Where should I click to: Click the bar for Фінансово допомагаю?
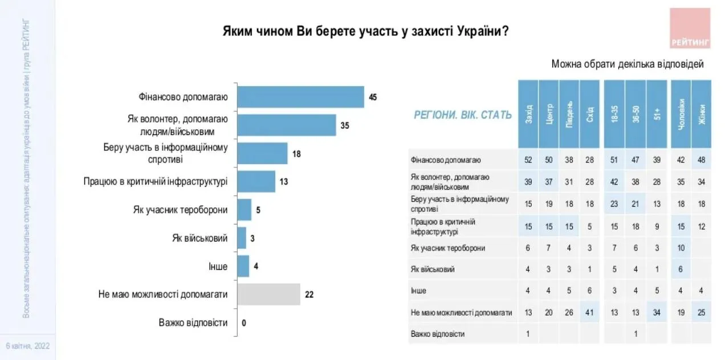click(300, 97)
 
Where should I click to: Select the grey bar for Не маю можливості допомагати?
click(268, 294)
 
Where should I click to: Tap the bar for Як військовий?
click(242, 238)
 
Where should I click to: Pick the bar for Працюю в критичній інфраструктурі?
click(256, 182)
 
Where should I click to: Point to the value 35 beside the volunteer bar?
click(344, 125)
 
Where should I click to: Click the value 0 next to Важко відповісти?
click(243, 323)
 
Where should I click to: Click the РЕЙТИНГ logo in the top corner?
click(690, 28)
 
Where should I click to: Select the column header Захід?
click(528, 114)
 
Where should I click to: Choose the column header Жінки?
click(701, 114)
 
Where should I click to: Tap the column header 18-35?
click(614, 114)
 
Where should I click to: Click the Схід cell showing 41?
click(590, 312)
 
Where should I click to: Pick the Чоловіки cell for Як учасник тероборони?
click(681, 248)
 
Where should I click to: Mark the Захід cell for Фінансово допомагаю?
click(528, 160)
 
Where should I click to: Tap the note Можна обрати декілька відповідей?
click(627, 64)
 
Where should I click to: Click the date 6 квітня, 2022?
click(27, 346)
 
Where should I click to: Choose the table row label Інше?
click(418, 291)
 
